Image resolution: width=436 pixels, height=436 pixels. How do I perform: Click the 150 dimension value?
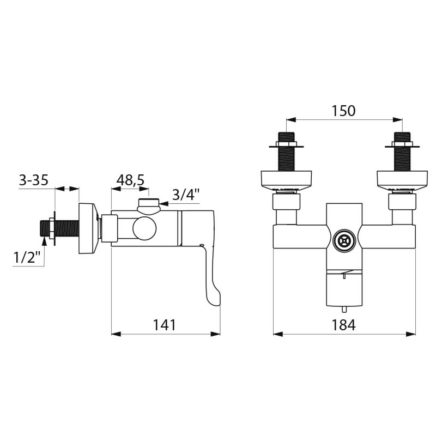click(x=343, y=111)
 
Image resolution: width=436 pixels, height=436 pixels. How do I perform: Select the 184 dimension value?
click(x=343, y=325)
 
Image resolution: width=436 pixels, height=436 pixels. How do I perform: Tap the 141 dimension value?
click(x=164, y=325)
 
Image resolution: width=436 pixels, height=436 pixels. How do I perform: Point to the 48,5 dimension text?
click(x=130, y=180)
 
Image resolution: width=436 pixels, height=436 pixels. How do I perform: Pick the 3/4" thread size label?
click(x=186, y=195)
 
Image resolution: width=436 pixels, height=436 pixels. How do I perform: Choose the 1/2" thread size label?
click(x=27, y=257)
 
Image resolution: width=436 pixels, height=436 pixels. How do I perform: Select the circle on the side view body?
click(x=144, y=228)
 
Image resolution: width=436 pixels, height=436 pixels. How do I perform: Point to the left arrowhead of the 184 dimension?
click(x=277, y=334)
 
